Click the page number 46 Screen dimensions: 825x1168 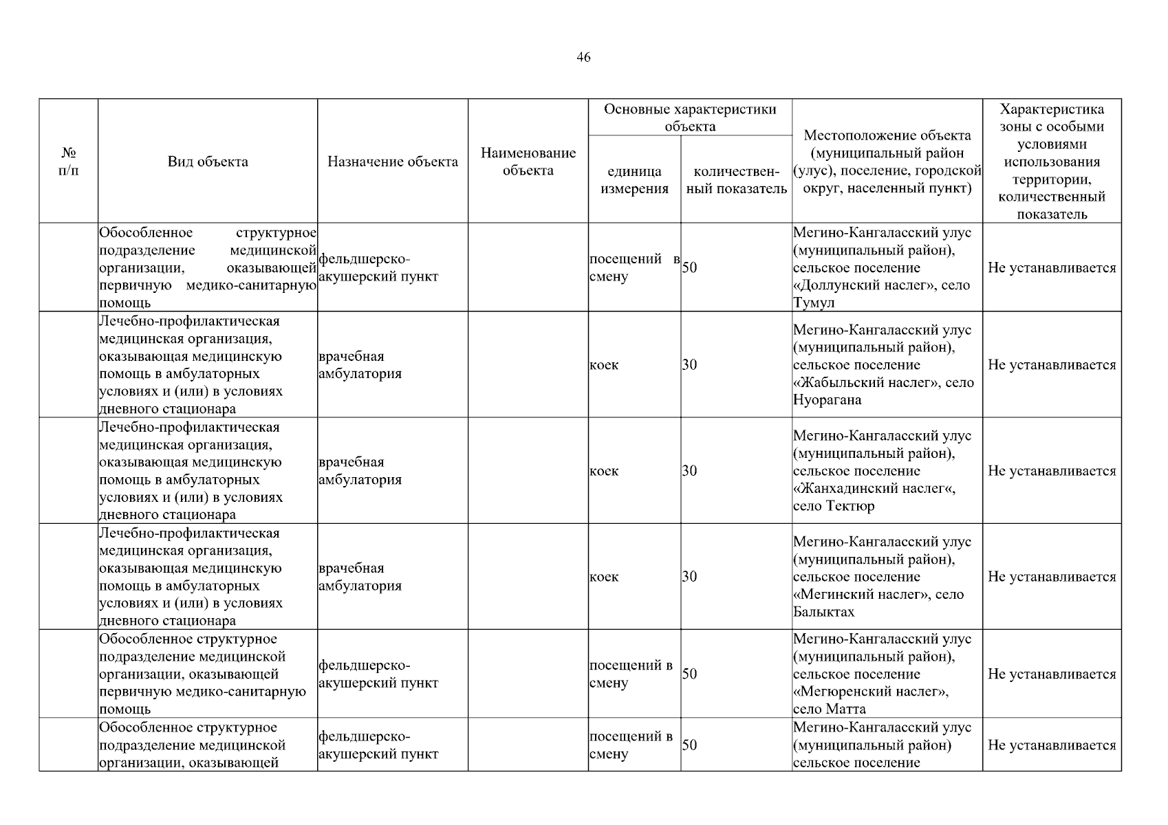[583, 58]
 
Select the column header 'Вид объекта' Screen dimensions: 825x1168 [208, 162]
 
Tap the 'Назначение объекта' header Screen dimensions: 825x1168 [392, 162]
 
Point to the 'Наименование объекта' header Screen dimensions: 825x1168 [528, 162]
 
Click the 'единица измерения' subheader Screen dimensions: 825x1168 [634, 180]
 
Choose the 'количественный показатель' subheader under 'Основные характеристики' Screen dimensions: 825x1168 [737, 180]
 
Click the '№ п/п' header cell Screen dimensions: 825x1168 [69, 161]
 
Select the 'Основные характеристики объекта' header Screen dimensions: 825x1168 [690, 118]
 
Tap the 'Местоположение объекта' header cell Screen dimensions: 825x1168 [887, 162]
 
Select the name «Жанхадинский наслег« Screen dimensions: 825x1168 [874, 489]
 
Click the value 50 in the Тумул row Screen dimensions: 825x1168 [689, 267]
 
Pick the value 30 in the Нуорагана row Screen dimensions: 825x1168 [689, 365]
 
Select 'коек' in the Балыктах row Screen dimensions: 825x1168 [604, 577]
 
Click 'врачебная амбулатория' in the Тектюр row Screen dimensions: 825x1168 [360, 471]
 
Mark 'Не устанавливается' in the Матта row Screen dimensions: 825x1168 [1052, 674]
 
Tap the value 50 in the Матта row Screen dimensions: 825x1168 [689, 674]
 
